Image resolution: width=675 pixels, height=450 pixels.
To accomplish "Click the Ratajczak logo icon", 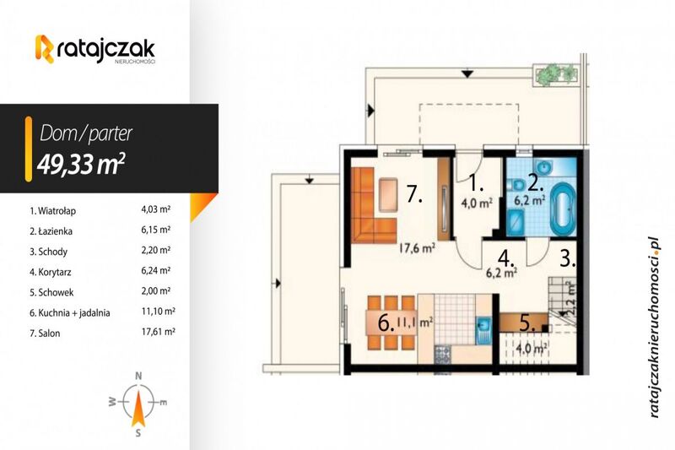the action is pyautogui.click(x=45, y=49).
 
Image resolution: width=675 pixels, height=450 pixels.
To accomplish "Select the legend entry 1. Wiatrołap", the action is pyautogui.click(x=52, y=211).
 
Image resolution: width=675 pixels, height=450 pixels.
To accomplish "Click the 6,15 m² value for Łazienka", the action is pyautogui.click(x=156, y=230).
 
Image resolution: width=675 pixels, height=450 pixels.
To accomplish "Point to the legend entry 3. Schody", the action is pyautogui.click(x=48, y=252).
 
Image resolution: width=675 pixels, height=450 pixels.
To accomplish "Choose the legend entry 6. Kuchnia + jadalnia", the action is pyautogui.click(x=70, y=313).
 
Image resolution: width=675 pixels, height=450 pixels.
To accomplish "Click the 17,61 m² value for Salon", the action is pyautogui.click(x=158, y=332).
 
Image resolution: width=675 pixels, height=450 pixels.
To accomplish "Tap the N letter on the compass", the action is pyautogui.click(x=138, y=376).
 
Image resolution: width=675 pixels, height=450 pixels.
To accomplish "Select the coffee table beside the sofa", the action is pyautogui.click(x=389, y=195).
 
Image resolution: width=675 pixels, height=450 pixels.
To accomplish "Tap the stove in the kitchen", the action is pyautogui.click(x=442, y=355).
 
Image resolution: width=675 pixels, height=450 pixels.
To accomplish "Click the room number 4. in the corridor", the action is pyautogui.click(x=506, y=258).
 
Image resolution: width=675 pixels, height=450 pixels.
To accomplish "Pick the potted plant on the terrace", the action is pyautogui.click(x=555, y=73).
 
